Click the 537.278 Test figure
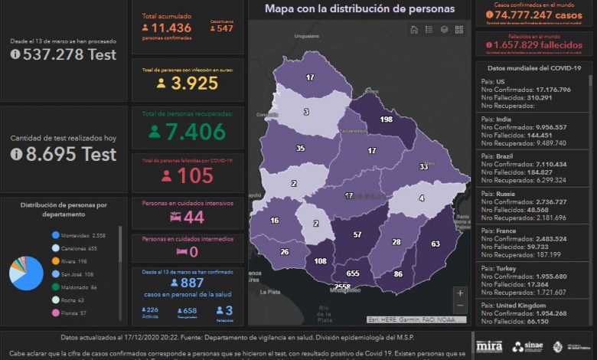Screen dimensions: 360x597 point(64,54)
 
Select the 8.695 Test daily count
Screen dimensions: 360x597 point(64,154)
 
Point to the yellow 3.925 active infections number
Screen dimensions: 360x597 point(188,83)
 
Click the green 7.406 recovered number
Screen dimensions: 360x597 point(187,132)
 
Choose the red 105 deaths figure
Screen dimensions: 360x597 point(187,175)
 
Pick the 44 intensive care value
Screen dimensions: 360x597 point(188,218)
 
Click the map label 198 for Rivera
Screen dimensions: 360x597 point(386,120)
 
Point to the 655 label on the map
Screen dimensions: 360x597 point(353,273)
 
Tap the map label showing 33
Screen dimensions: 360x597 point(423,166)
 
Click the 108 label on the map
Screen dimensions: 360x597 point(321,262)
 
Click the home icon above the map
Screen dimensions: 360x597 point(414,30)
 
